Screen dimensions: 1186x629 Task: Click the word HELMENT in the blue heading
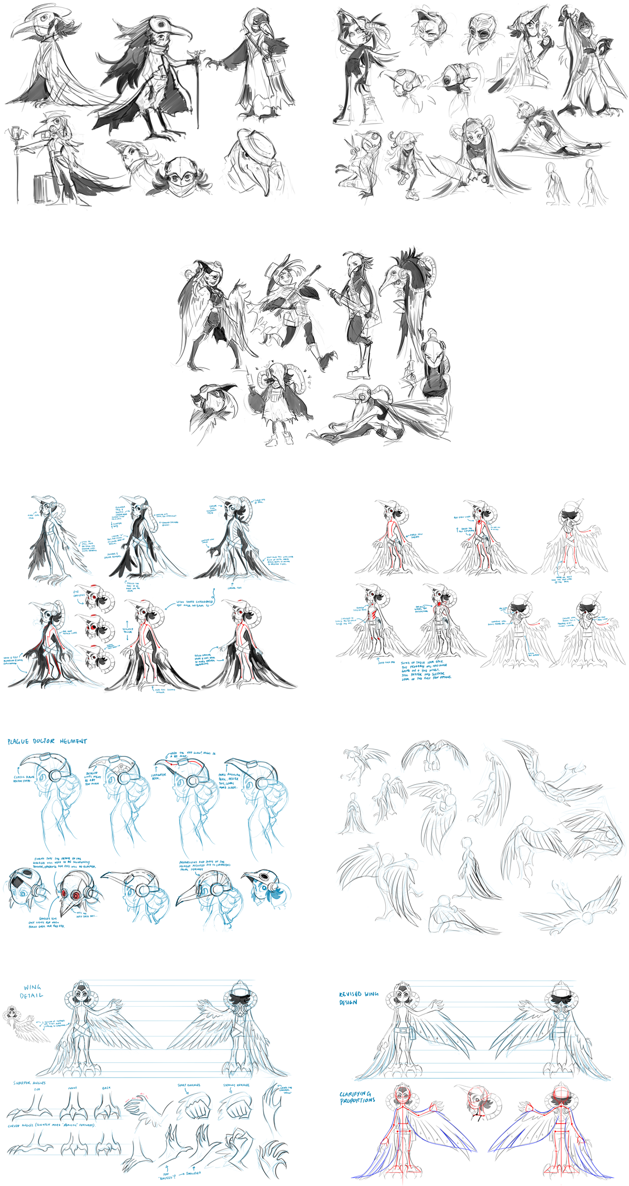coord(73,741)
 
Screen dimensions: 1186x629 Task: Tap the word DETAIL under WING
coord(32,996)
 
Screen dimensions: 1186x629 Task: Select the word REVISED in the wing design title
coord(350,994)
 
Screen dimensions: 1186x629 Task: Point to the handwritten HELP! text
coord(548,24)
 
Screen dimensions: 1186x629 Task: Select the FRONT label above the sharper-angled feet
coord(72,1088)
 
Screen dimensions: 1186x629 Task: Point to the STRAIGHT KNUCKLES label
coord(236,1085)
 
